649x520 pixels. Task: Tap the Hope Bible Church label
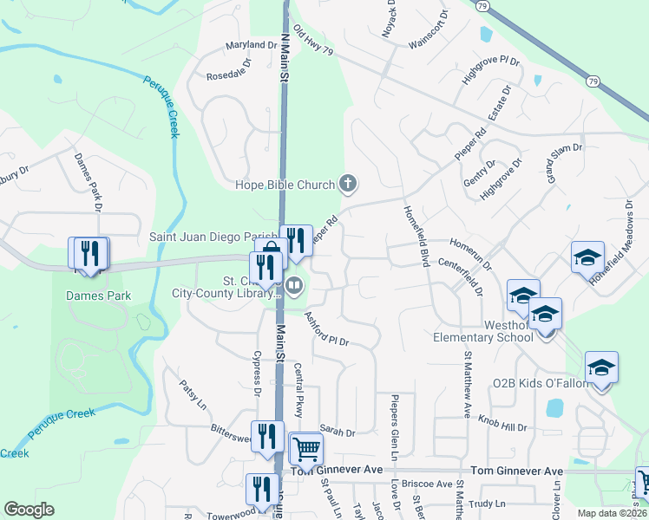(x=285, y=184)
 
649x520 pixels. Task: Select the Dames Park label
(x=98, y=296)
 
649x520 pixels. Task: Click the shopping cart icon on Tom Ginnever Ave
(x=305, y=450)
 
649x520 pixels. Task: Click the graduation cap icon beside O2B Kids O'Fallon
(x=601, y=368)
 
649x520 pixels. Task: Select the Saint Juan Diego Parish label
(x=213, y=236)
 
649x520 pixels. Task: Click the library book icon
(x=294, y=285)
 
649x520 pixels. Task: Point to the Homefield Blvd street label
(x=416, y=236)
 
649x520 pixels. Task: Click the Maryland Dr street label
(x=252, y=45)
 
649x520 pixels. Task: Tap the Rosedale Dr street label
(x=228, y=70)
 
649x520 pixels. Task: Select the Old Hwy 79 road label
(x=313, y=41)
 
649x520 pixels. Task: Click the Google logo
(x=29, y=510)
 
